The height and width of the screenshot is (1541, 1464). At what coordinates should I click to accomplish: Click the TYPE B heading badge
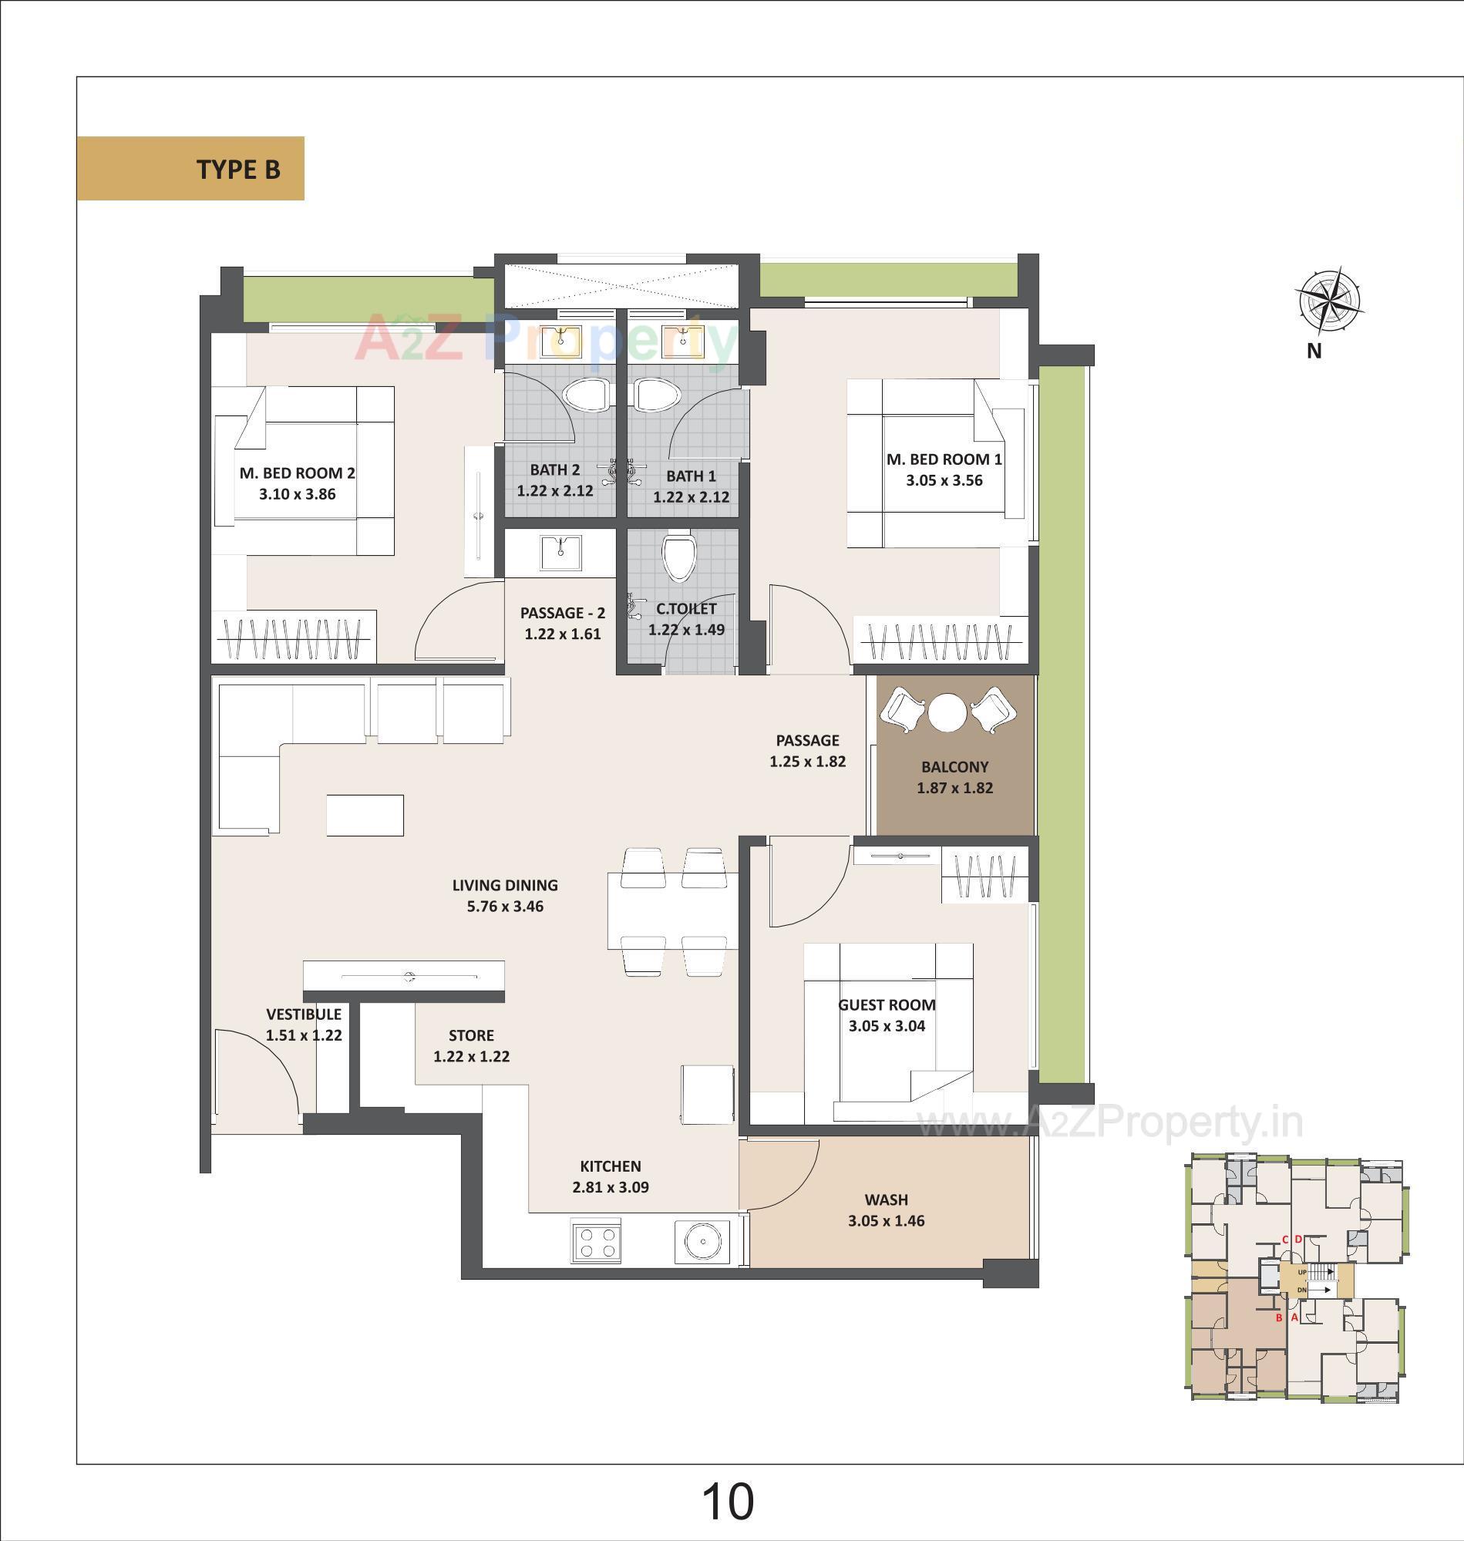pyautogui.click(x=190, y=169)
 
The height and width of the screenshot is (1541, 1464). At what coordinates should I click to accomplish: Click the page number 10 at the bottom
pyautogui.click(x=727, y=1501)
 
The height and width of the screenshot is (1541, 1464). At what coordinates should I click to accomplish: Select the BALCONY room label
pyautogui.click(x=954, y=767)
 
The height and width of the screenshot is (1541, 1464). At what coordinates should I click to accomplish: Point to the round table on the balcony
pyautogui.click(x=947, y=712)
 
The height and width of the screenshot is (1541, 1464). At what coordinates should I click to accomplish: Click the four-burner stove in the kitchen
pyautogui.click(x=597, y=1241)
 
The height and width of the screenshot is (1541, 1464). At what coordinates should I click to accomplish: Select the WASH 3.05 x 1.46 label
pyautogui.click(x=886, y=1210)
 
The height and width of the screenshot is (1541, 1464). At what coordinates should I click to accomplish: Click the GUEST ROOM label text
pyautogui.click(x=887, y=1005)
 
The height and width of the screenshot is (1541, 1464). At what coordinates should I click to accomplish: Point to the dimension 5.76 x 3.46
pyautogui.click(x=505, y=907)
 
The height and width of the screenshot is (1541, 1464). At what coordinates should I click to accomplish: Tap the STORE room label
pyautogui.click(x=471, y=1035)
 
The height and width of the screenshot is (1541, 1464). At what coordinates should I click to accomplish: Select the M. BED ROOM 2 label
pyautogui.click(x=297, y=473)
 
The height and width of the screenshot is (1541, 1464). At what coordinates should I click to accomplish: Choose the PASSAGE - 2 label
pyautogui.click(x=562, y=614)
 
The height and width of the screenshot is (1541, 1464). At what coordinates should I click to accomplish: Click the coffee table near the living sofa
pyautogui.click(x=365, y=816)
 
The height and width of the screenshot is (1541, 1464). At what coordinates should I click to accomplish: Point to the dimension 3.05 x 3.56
pyautogui.click(x=944, y=480)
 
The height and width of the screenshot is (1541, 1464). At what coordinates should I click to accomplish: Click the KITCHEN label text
pyautogui.click(x=611, y=1166)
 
